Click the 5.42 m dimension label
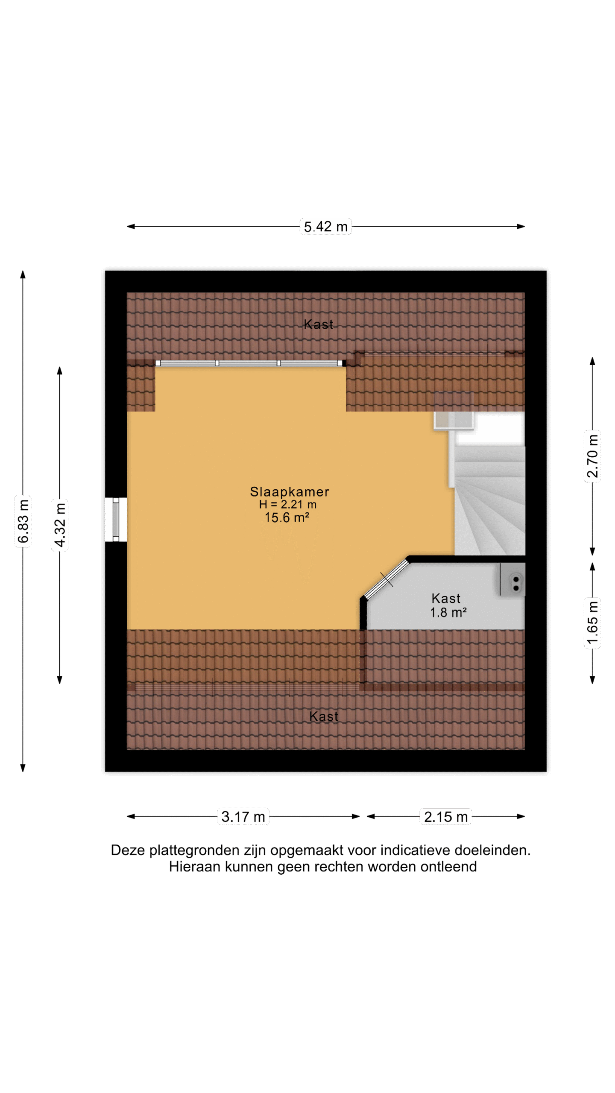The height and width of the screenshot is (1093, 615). pyautogui.click(x=325, y=226)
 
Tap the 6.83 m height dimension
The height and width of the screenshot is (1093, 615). pyautogui.click(x=23, y=521)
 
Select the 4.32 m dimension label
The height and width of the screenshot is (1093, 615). pyautogui.click(x=60, y=525)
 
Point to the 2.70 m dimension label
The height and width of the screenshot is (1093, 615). pyautogui.click(x=592, y=456)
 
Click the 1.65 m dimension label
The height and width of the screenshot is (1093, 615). pyautogui.click(x=592, y=623)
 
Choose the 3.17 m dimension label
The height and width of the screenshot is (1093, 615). pyautogui.click(x=243, y=816)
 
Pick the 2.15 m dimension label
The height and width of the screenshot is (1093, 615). pyautogui.click(x=445, y=816)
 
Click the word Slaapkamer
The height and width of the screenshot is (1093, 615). pyautogui.click(x=290, y=491)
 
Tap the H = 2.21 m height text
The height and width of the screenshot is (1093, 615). pyautogui.click(x=287, y=504)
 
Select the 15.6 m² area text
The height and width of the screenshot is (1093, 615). pyautogui.click(x=287, y=517)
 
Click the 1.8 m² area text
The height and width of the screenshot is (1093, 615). pyautogui.click(x=448, y=613)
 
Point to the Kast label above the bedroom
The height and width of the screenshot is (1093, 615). pyautogui.click(x=318, y=324)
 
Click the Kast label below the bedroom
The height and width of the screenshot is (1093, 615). pyautogui.click(x=323, y=716)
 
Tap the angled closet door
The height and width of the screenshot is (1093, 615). pyautogui.click(x=387, y=579)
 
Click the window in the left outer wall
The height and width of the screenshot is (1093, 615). pyautogui.click(x=116, y=520)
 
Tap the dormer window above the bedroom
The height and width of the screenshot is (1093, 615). pyautogui.click(x=250, y=363)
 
